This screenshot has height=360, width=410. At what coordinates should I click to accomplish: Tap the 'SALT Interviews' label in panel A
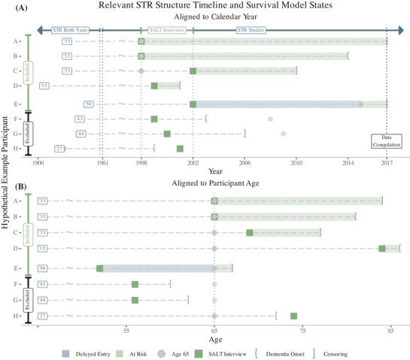coord(167,29)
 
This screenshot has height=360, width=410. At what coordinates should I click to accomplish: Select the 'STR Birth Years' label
coord(71,29)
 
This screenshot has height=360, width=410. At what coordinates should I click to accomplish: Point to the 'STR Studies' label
coord(251,29)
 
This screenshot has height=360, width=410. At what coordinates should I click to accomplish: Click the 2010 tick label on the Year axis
coord(296,162)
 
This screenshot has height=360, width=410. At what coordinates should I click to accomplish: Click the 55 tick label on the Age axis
coord(126,330)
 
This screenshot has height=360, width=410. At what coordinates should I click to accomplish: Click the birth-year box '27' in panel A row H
coord(59,148)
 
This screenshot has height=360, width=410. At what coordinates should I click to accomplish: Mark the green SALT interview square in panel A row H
coord(180,148)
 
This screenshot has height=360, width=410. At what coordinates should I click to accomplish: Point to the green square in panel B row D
coord(382,248)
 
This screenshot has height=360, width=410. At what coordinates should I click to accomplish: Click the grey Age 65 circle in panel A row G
coord(283,134)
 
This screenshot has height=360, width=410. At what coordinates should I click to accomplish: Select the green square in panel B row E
coord(99,268)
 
